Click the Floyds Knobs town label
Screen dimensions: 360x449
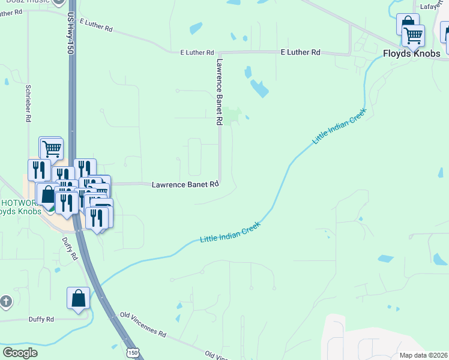tap(412, 53)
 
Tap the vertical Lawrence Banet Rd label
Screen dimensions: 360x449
tap(220, 91)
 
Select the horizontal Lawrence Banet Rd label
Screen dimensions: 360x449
tap(185, 185)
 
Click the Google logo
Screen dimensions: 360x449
tap(20, 353)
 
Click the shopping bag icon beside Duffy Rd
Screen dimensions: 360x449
tap(78, 298)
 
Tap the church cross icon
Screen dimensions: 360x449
tap(5, 301)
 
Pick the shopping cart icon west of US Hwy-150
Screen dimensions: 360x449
tap(52, 147)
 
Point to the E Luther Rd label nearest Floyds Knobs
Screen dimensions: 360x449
tap(300, 53)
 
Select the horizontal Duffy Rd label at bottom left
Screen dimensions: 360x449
tap(41, 319)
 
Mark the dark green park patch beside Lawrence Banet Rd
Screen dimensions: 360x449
tap(233, 114)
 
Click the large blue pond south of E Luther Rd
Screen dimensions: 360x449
tap(260, 89)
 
